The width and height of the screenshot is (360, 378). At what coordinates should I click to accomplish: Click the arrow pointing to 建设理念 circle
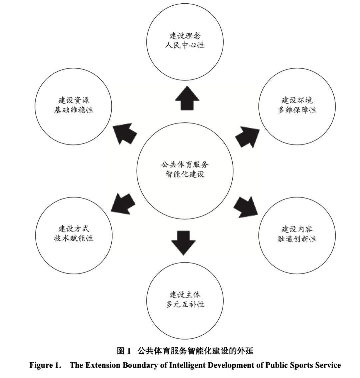187,98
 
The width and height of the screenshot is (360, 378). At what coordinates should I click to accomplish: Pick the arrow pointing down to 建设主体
183,243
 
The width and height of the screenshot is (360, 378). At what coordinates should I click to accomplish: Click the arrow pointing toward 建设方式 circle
123,204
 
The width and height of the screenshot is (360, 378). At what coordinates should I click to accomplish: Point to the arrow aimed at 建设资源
125,134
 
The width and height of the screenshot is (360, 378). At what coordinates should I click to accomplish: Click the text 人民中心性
185,45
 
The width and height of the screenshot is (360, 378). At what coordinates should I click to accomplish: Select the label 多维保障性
297,110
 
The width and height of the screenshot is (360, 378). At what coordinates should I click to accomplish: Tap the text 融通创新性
297,239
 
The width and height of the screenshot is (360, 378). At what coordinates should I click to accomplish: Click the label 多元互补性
185,304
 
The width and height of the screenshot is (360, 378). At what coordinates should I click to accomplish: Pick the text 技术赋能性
73,238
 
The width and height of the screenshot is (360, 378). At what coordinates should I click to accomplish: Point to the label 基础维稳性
73,110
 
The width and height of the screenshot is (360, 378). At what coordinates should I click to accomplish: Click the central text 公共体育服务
185,165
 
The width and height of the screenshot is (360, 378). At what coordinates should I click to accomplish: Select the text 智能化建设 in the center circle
185,174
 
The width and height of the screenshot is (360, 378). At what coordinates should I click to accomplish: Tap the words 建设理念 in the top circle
185,36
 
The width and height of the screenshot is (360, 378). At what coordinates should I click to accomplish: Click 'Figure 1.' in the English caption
45,365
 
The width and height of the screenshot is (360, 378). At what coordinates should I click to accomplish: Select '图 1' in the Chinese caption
124,351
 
